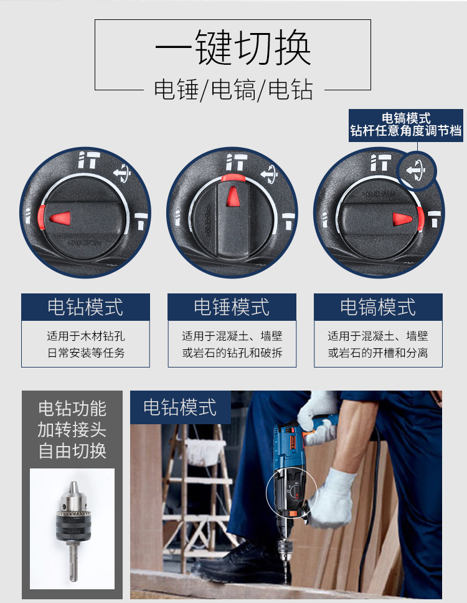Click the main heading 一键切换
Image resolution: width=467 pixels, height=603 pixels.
point(233,48)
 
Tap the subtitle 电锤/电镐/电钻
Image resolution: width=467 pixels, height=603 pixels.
point(233,90)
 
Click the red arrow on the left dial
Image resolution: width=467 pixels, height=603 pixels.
point(60,218)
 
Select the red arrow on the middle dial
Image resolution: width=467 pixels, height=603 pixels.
point(232,196)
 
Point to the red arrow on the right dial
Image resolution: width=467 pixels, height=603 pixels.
point(402,219)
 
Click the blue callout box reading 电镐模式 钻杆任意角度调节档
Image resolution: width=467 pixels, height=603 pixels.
point(406,125)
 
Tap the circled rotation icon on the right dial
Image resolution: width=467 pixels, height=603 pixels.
point(416,170)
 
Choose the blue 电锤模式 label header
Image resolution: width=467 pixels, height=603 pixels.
point(232,307)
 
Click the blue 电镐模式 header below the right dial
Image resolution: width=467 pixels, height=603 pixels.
point(378,307)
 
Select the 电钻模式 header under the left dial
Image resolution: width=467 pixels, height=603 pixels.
point(85,307)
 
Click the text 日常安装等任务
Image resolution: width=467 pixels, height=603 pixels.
point(86,353)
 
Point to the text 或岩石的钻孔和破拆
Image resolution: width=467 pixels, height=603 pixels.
point(232,353)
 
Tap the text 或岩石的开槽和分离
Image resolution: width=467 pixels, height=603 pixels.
point(378,353)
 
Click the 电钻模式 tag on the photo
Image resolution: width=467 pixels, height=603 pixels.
point(181,407)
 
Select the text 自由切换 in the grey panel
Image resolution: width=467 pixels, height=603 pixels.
point(72,451)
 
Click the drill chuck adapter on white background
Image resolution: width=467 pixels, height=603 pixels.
point(73,529)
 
